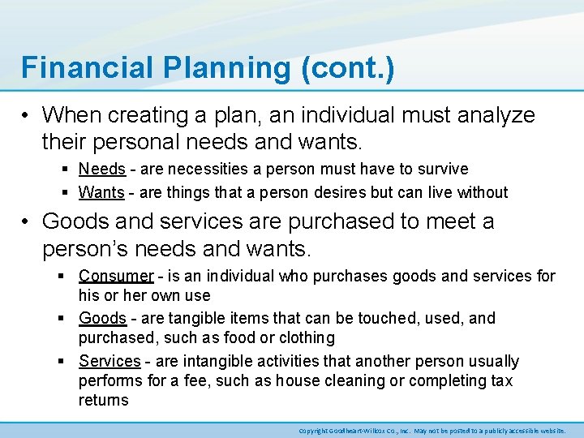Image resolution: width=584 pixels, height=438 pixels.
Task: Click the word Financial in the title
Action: pos(80,68)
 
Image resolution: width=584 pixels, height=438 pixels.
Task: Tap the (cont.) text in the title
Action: pos(347,68)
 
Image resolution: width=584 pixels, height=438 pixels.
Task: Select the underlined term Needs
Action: pos(102,170)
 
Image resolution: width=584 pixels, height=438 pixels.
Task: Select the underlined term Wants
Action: pos(101,193)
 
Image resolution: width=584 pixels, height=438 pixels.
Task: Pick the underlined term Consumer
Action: pos(116,277)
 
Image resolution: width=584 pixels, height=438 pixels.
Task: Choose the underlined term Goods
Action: pos(102,319)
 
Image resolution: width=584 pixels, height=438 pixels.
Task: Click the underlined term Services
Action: pos(109,362)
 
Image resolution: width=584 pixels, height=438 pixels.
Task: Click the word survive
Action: pos(443,170)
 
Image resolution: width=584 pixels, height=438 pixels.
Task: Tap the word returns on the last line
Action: pos(103,401)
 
